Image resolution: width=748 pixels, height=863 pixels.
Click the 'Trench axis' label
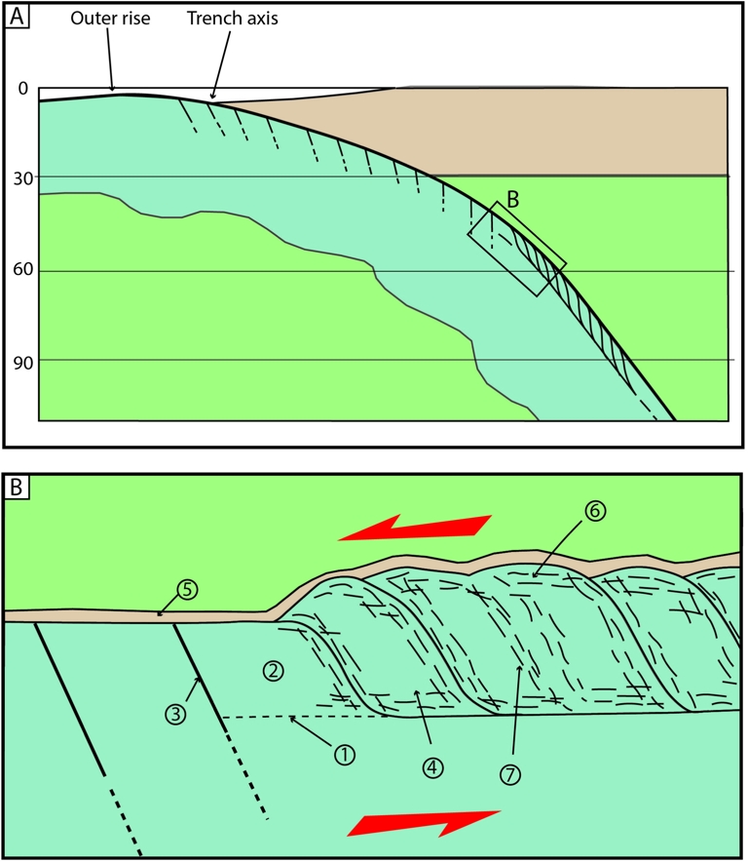[233, 20]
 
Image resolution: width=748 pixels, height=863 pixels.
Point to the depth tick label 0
[22, 90]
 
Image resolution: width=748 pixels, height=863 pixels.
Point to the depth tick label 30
[22, 177]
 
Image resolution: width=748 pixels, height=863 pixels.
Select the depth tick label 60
[22, 271]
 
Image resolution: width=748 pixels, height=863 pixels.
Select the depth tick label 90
[22, 360]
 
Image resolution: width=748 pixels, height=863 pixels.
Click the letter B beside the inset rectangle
[512, 198]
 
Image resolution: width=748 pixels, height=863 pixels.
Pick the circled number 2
[273, 671]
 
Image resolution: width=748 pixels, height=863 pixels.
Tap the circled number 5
[187, 590]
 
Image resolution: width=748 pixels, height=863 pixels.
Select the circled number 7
[512, 773]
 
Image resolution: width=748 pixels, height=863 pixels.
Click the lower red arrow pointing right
[427, 823]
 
